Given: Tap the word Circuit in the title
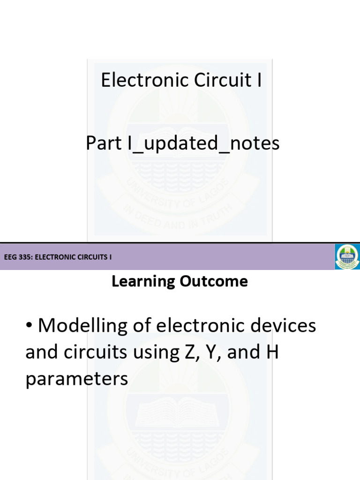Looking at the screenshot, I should click(216, 80).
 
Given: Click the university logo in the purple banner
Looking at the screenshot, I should click(347, 256).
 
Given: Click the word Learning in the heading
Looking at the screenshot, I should click(139, 282).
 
